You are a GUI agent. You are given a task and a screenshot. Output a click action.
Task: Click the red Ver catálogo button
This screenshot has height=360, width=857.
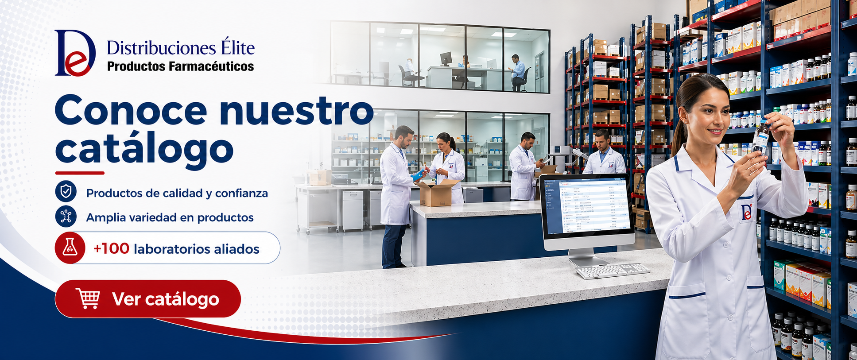coord(147,299)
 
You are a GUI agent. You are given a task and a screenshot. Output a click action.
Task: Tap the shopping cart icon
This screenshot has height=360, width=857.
coord(88,298)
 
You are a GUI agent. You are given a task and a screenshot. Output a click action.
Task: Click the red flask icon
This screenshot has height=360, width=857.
coord(70,248)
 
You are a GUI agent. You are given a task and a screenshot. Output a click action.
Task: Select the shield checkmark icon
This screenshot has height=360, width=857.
coord(66,192)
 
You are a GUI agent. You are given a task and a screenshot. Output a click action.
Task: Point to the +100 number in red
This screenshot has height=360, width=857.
coord(111,248)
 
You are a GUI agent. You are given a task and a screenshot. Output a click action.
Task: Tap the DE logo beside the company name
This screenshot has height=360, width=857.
coord(75,53)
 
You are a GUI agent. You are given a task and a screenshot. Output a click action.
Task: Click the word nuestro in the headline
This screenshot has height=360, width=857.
coord(296,111)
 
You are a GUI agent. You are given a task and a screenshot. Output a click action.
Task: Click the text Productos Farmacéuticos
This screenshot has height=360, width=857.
coord(181,66)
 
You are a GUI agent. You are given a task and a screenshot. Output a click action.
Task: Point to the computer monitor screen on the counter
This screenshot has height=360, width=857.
coord(587,206)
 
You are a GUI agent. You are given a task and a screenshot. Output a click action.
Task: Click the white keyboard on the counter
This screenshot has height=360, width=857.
coord(613,270)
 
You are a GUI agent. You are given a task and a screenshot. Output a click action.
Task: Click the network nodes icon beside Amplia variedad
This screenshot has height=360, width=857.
coord(66,216)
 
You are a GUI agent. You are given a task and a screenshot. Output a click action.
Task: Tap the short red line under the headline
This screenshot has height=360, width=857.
coord(80,173)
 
